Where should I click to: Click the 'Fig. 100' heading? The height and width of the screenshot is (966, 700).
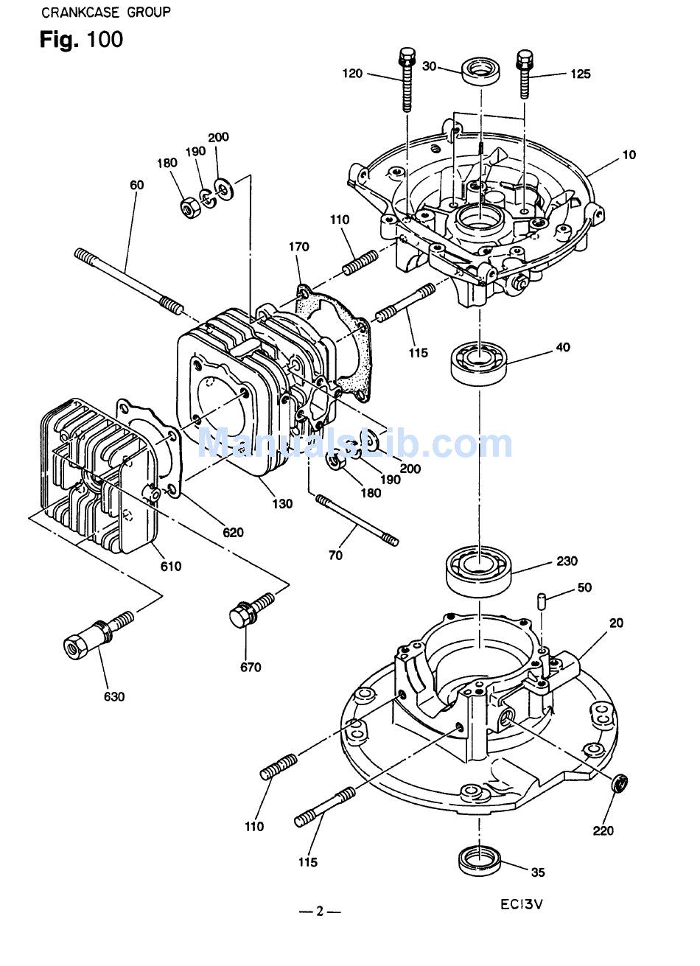pyautogui.click(x=81, y=40)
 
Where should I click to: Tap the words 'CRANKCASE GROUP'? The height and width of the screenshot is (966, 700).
pyautogui.click(x=105, y=13)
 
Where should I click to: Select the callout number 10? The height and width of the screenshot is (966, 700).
pyautogui.click(x=629, y=155)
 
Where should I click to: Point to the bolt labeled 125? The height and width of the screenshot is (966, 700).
pyautogui.click(x=525, y=74)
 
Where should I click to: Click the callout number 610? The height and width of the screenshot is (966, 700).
pyautogui.click(x=171, y=567)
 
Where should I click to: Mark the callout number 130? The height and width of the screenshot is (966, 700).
pyautogui.click(x=282, y=504)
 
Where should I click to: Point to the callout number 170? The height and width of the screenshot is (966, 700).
pyautogui.click(x=299, y=247)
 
